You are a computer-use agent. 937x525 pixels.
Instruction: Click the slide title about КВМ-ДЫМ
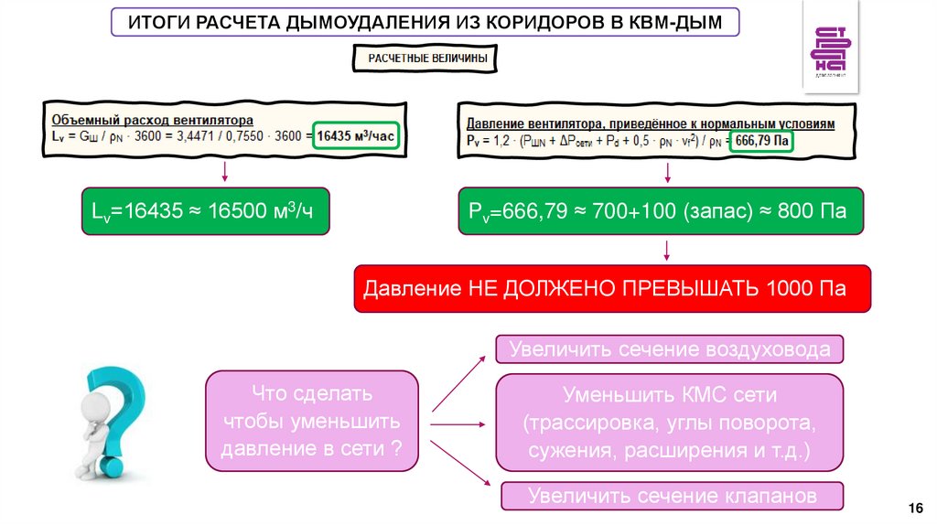tap(425, 21)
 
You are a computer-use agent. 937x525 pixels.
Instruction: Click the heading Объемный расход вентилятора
tap(153, 120)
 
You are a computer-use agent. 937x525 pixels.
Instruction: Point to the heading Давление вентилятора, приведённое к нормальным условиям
tap(651, 123)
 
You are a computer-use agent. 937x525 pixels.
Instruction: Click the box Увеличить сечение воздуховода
tap(670, 349)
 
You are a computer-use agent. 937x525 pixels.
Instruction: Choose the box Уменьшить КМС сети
tap(670, 423)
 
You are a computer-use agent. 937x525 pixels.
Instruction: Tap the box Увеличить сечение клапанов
tap(672, 496)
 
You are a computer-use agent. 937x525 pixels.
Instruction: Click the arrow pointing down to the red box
tap(668, 251)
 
